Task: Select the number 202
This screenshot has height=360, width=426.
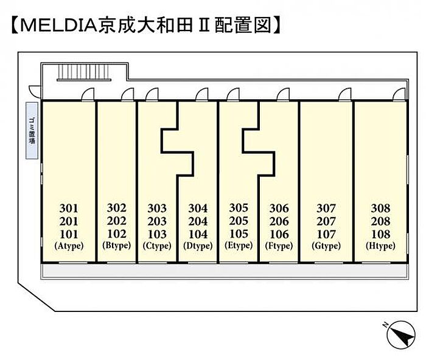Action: click(116, 221)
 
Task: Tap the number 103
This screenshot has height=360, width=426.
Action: click(157, 234)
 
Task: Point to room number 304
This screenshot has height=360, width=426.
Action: click(198, 208)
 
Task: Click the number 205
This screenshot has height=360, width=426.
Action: click(238, 221)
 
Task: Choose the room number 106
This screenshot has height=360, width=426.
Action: click(279, 234)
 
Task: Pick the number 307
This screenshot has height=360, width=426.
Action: click(326, 208)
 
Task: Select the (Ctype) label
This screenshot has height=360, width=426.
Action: click(157, 246)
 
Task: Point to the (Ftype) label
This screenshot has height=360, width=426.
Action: click(279, 246)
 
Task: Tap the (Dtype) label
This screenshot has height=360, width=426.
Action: click(198, 246)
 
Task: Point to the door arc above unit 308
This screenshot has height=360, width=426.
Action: click(399, 94)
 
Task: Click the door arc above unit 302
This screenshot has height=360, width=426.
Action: click(127, 94)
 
